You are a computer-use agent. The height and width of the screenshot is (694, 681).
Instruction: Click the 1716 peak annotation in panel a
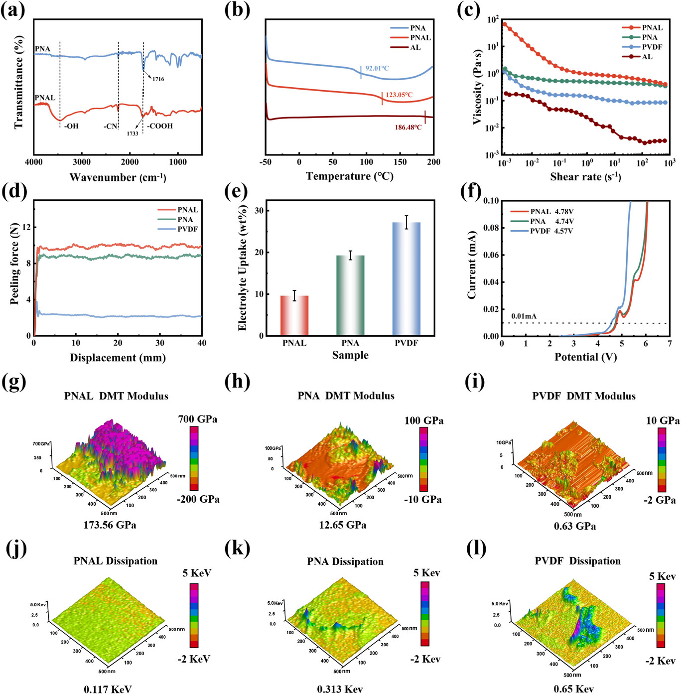pos(158,79)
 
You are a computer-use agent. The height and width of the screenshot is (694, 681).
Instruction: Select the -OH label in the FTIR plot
pos(71,126)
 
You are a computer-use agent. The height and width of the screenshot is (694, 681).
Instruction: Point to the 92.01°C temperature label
pos(377,68)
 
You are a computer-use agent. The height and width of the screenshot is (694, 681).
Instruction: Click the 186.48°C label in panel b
pos(408,128)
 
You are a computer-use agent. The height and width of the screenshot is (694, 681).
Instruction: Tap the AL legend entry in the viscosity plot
pos(647,57)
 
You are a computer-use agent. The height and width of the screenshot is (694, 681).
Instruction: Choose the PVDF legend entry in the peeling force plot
pos(187,229)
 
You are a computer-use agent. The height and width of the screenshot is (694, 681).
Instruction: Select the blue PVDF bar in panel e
pos(407,278)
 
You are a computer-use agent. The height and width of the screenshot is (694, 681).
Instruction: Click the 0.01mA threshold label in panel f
pos(524,316)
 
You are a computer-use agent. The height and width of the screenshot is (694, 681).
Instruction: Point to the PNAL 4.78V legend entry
pos(551,212)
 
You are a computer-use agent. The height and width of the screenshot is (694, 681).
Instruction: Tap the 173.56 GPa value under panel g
pos(110,525)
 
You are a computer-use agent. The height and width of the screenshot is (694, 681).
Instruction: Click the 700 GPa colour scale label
pos(197,419)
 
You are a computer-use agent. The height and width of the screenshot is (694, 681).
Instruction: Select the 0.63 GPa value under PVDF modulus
pos(575,526)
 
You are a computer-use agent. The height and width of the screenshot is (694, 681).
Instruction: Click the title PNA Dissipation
pos(345,562)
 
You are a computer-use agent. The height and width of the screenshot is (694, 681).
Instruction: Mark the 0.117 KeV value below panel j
pos(108,689)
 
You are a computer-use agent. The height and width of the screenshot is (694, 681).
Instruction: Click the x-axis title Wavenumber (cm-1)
pos(118,177)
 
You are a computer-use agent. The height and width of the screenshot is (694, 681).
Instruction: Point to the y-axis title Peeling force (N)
pos(14,264)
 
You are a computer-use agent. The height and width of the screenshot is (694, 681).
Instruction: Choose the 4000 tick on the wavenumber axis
pos(34,162)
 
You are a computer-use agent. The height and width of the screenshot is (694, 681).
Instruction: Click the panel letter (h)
pos(237,382)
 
